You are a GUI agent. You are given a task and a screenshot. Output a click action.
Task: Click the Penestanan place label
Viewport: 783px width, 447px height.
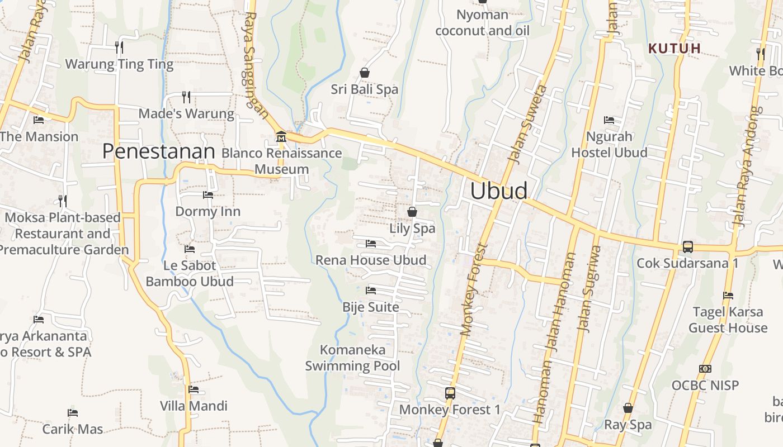click(159, 151)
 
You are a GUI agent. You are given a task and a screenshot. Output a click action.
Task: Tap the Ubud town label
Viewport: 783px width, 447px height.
click(498, 191)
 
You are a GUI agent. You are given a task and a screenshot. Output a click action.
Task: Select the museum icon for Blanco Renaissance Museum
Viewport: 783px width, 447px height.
click(281, 136)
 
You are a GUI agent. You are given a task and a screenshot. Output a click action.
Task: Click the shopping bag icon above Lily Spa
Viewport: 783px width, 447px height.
click(412, 212)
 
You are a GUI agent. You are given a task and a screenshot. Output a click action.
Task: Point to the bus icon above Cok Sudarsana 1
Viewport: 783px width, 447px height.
click(687, 246)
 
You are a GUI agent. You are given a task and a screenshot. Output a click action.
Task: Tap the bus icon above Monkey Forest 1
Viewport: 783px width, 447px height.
click(450, 393)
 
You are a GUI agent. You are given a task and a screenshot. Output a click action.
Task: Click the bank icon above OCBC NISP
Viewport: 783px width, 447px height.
click(705, 369)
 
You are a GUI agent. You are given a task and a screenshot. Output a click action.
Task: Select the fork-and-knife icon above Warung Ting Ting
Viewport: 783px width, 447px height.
click(119, 47)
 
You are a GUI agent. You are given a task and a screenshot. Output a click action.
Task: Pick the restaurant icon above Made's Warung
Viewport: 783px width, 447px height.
click(186, 97)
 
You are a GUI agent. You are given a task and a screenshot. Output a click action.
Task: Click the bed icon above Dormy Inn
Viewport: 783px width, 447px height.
click(208, 195)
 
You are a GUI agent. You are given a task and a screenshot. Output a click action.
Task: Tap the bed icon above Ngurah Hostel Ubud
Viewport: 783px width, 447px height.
click(609, 120)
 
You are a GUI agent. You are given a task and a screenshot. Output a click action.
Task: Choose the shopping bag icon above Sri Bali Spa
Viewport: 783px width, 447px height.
click(365, 73)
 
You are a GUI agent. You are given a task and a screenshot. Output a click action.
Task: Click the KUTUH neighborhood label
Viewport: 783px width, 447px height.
click(674, 48)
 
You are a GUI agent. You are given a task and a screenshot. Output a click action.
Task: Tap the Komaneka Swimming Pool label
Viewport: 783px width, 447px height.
click(353, 358)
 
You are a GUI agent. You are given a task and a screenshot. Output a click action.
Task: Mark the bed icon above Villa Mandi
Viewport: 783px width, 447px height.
click(194, 389)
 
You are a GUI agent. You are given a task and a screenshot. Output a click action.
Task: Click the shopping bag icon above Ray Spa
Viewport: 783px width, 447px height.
click(628, 408)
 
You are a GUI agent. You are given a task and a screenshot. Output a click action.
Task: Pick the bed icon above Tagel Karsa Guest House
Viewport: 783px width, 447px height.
click(728, 296)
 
